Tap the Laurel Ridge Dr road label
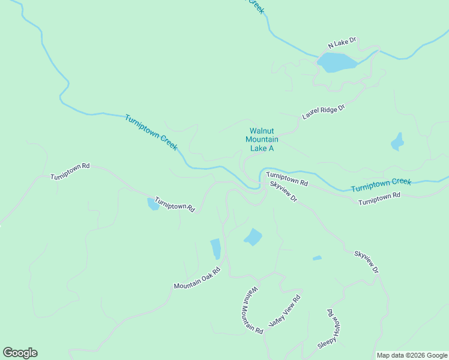click(324, 112)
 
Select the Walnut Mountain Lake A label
click(262, 139)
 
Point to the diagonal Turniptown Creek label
click(151, 133)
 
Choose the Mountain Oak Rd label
click(197, 278)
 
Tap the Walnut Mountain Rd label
click(252, 310)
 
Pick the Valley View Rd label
click(285, 311)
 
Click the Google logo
click(20, 353)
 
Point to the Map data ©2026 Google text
click(412, 355)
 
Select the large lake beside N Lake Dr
click(336, 62)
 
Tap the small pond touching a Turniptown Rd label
click(153, 205)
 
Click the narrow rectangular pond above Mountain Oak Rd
click(215, 248)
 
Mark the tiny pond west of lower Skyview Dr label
click(317, 258)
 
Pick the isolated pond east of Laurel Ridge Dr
click(397, 142)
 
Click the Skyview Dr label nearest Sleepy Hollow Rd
click(366, 263)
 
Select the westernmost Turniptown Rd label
click(70, 171)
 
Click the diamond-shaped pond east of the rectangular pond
click(253, 237)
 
